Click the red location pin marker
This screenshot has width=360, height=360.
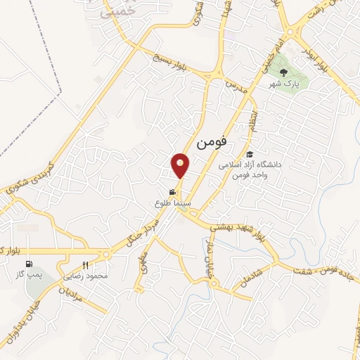click(181, 165)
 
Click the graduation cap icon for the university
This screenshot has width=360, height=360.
click(249, 155)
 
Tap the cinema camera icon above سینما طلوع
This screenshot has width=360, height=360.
click(172, 191)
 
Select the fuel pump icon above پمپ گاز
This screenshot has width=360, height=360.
click(29, 265)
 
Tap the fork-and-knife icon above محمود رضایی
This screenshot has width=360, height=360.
click(86, 265)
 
